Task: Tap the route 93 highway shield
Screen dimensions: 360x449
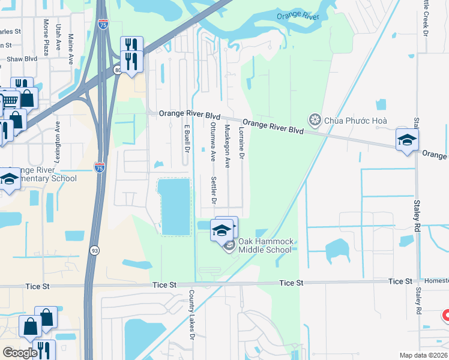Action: (x=95, y=250)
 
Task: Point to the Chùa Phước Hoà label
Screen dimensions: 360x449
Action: (x=355, y=121)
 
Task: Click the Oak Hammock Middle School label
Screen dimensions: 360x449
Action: (x=265, y=245)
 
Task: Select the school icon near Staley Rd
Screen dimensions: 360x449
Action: (x=407, y=140)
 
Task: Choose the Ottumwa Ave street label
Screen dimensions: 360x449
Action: (x=213, y=142)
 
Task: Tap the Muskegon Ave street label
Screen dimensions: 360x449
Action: (x=228, y=146)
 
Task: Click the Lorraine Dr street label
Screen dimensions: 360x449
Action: (x=241, y=142)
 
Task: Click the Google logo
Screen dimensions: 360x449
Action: (x=20, y=353)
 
